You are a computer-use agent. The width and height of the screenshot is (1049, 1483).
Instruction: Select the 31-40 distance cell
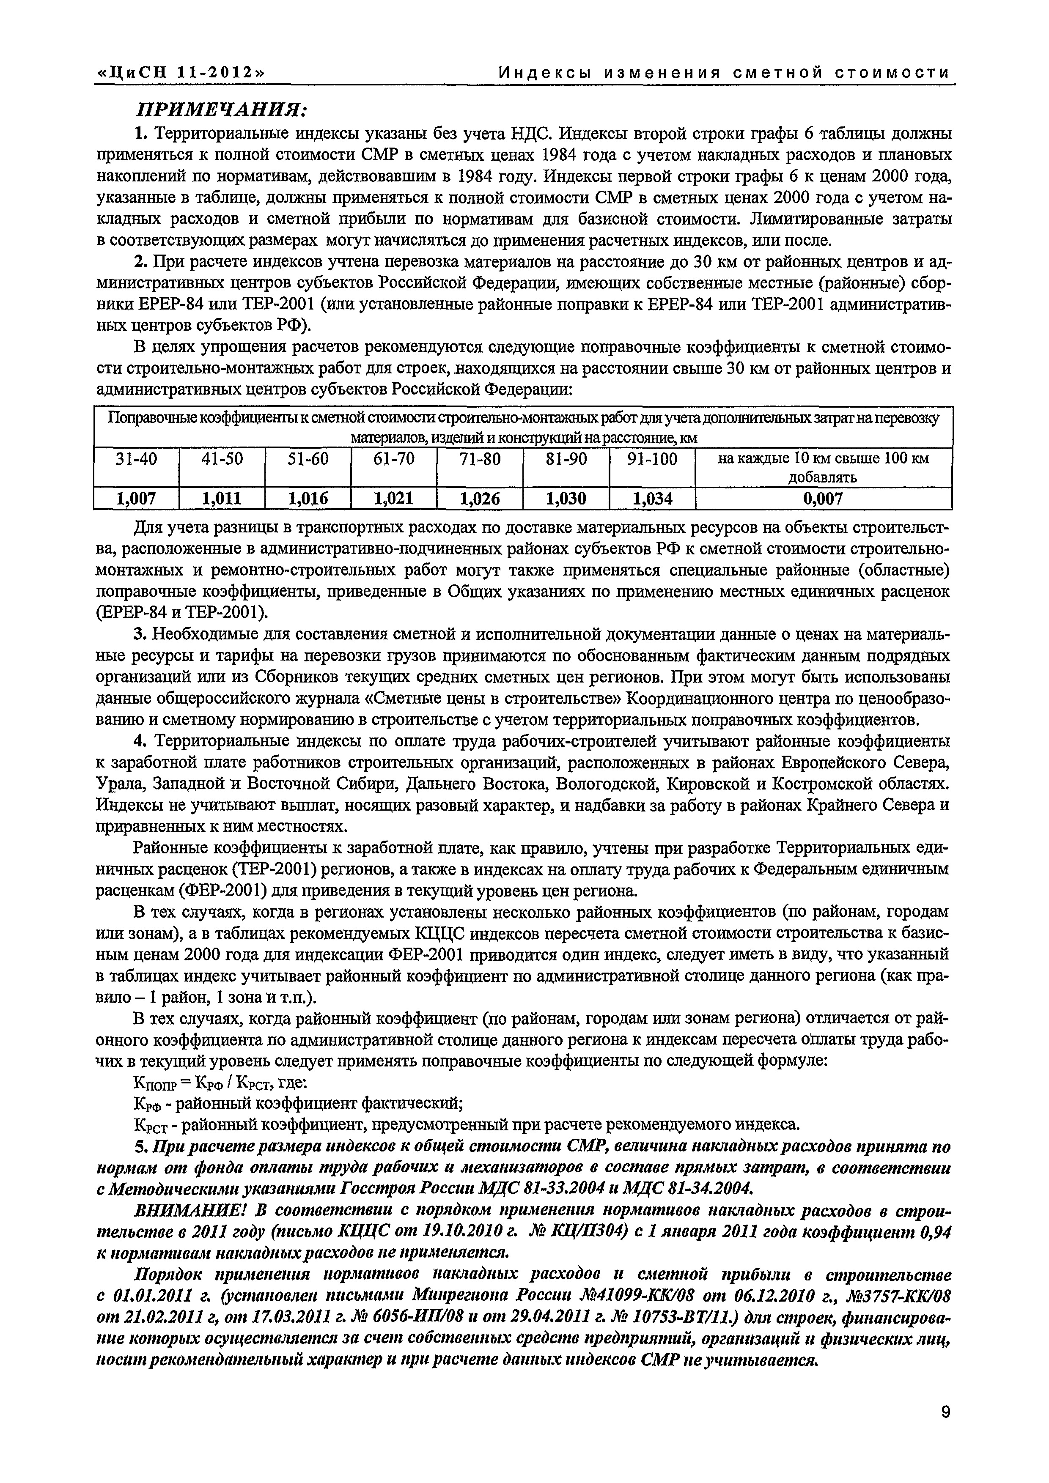coord(136,459)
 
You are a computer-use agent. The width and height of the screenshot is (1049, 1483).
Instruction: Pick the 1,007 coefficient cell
coord(136,498)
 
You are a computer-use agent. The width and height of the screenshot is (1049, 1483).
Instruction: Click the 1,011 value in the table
coord(222,498)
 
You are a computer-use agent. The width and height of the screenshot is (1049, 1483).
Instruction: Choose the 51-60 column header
coord(308,459)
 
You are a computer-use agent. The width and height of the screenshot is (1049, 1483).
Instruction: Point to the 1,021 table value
coord(394,498)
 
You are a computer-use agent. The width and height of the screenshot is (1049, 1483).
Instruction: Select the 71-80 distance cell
coord(480,459)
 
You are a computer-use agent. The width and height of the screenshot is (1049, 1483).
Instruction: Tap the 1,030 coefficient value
coord(566,498)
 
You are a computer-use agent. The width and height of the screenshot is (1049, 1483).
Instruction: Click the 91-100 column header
coord(652,459)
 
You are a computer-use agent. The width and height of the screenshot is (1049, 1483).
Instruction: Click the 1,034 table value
coord(652,498)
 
